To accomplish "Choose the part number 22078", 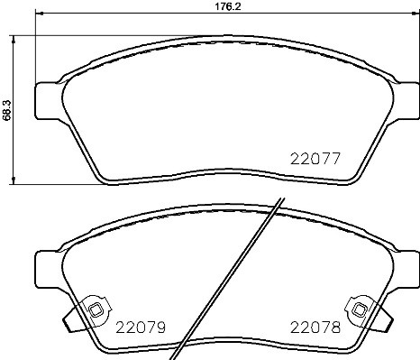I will [x=314, y=328].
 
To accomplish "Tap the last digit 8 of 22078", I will [x=333, y=328].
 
